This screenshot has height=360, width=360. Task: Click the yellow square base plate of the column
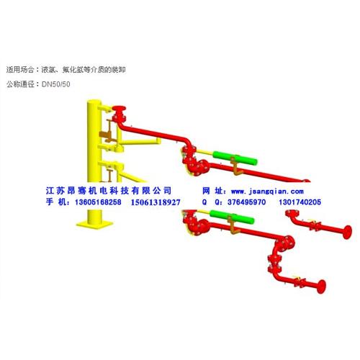tap(94, 225)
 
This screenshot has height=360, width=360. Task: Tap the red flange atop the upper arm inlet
tap(119, 108)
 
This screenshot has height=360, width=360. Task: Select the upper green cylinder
tap(235, 158)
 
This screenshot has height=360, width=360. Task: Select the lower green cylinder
tap(232, 217)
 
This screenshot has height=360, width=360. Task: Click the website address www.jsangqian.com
tap(267, 192)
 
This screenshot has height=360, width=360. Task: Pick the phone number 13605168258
tap(98, 202)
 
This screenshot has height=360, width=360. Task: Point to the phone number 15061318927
tap(156, 202)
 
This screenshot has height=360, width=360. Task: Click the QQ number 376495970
tap(246, 202)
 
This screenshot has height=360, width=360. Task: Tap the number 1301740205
tap(300, 202)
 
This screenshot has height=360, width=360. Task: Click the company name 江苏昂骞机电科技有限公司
tap(109, 191)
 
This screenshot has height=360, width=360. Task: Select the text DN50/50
tap(56, 84)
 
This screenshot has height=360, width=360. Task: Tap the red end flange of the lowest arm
tap(321, 287)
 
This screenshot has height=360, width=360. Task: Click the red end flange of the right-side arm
tap(347, 232)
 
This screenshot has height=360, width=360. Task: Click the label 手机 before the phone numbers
tap(56, 202)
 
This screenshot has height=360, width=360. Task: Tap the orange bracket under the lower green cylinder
tap(233, 225)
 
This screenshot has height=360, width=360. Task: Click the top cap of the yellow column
tap(94, 102)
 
